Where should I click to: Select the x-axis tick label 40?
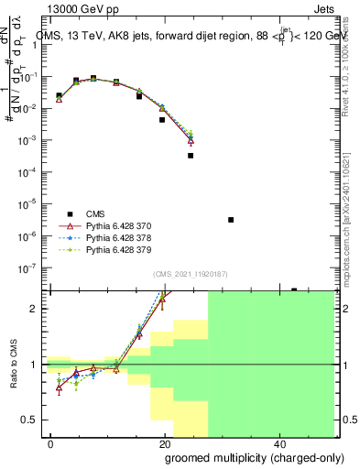point(278,442)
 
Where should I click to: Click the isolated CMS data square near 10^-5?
point(231,220)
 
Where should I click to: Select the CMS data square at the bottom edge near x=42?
point(294,289)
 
